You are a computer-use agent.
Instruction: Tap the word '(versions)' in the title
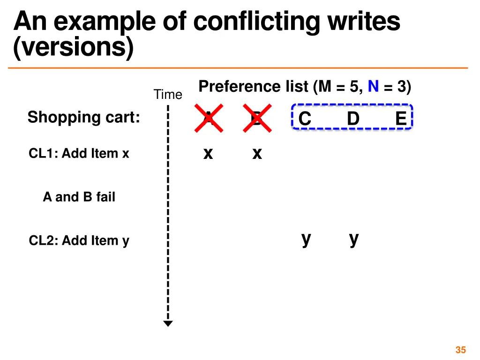pyautogui.click(x=74, y=48)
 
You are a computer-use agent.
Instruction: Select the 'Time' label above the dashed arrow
pyautogui.click(x=167, y=95)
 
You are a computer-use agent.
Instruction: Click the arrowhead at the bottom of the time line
pyautogui.click(x=168, y=323)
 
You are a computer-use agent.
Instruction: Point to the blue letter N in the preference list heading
pyautogui.click(x=373, y=87)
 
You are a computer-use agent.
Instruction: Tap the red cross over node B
pyautogui.click(x=257, y=118)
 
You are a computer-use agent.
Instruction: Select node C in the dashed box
pyautogui.click(x=305, y=119)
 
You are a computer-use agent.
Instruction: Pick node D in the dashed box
pyautogui.click(x=353, y=119)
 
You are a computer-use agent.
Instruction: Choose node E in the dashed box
pyautogui.click(x=400, y=119)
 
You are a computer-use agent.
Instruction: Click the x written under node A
pyautogui.click(x=208, y=153)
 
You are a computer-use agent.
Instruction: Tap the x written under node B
pyautogui.click(x=257, y=153)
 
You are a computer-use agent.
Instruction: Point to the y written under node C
pyautogui.click(x=306, y=239)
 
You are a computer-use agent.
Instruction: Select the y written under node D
pyautogui.click(x=354, y=239)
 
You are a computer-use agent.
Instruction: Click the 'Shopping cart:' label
pyautogui.click(x=84, y=117)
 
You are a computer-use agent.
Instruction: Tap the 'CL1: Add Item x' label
pyautogui.click(x=79, y=153)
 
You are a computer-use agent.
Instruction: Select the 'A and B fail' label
pyautogui.click(x=79, y=197)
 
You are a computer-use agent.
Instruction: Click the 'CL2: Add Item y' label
pyautogui.click(x=79, y=241)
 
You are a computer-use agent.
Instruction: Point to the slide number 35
pyautogui.click(x=460, y=350)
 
